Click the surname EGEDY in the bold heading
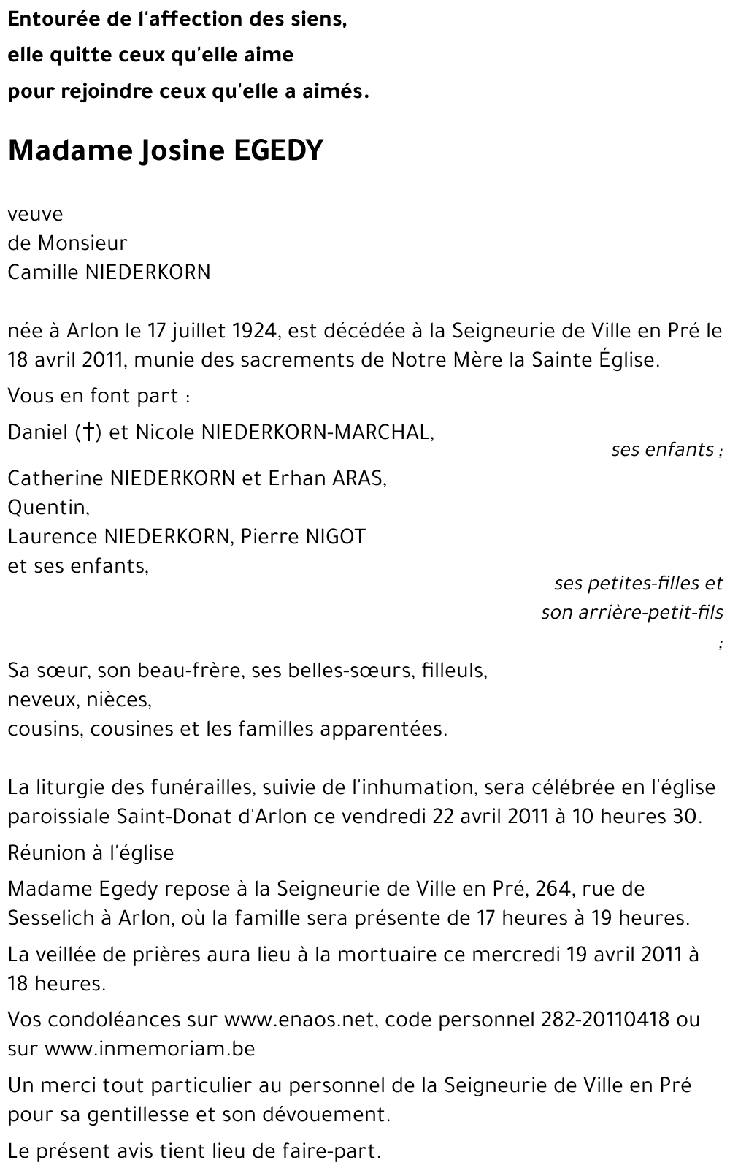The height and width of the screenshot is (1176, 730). point(278,150)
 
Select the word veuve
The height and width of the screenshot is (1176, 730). point(35,214)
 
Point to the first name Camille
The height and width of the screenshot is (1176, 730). point(43,272)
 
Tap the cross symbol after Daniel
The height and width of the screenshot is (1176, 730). point(88,432)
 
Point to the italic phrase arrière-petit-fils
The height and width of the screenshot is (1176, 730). point(650,612)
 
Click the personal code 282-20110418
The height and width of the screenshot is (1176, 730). point(605,1020)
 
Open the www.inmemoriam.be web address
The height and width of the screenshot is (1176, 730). point(150,1049)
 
